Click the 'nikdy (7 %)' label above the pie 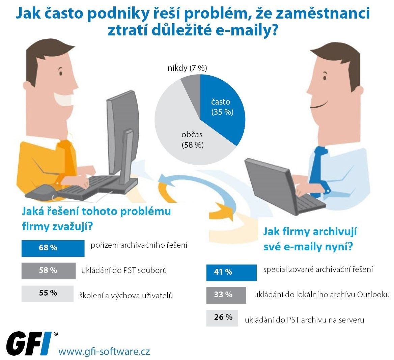(x=187, y=68)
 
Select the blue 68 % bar (x=53, y=248)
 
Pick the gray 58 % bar (x=48, y=271)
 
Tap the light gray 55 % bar (x=47, y=293)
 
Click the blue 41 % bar (x=231, y=272)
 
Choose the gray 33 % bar (x=226, y=295)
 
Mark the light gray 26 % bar (x=222, y=317)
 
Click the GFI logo (x=29, y=343)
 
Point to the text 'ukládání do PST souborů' (x=124, y=270)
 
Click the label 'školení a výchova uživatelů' (x=126, y=296)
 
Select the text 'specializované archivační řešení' (x=318, y=269)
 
